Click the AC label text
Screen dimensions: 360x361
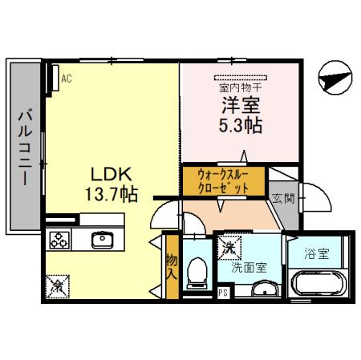[x=67, y=79]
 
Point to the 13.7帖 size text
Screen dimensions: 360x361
[x=112, y=195]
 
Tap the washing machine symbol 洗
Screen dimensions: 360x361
[x=229, y=249]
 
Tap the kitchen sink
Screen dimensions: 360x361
[x=103, y=240]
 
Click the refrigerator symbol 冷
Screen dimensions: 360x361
[x=58, y=283]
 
